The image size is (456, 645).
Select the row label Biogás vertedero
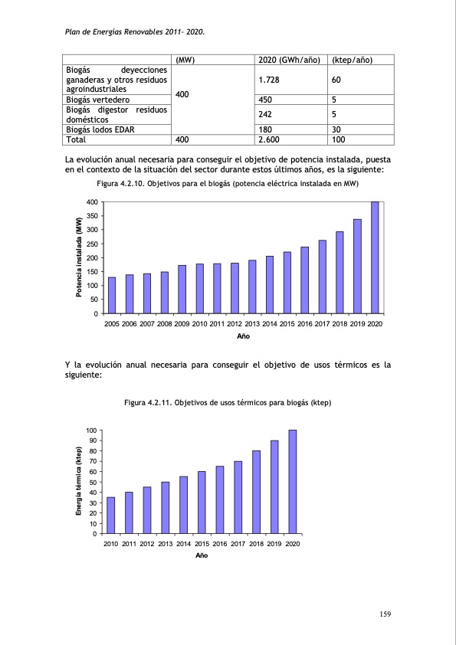coord(97,100)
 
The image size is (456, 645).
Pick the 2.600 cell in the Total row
coord(269,140)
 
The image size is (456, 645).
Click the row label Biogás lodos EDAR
coord(101,130)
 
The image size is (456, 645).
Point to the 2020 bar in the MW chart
coord(375,257)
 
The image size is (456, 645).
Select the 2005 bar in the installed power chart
coord(112,295)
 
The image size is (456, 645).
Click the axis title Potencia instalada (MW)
coord(78,257)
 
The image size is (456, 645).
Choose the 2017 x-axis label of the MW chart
coord(322,325)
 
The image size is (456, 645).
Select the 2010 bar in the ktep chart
coord(111,515)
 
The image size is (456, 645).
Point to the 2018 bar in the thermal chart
coord(256,492)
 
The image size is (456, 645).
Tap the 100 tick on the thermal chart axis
coord(91,431)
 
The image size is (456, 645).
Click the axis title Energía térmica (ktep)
coord(78,481)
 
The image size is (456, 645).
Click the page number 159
coord(386,614)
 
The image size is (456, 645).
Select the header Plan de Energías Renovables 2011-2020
coord(131,33)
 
